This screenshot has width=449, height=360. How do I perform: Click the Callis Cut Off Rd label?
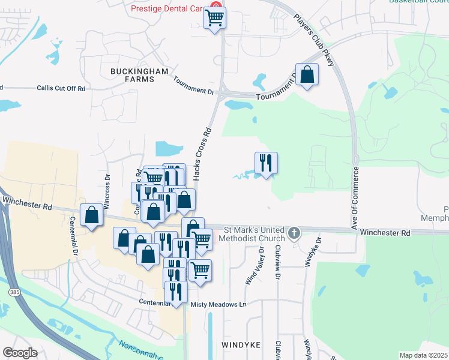tap(61, 88)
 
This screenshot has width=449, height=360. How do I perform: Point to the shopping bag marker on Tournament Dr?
tap(307, 75)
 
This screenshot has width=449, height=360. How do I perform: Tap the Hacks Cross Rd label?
tap(202, 152)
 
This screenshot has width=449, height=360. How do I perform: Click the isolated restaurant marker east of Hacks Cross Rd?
tap(265, 163)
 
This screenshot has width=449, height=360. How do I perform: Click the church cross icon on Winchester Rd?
tap(294, 232)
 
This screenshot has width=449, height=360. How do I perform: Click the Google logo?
tap(20, 353)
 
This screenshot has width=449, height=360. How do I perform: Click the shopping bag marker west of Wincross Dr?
tap(91, 215)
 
